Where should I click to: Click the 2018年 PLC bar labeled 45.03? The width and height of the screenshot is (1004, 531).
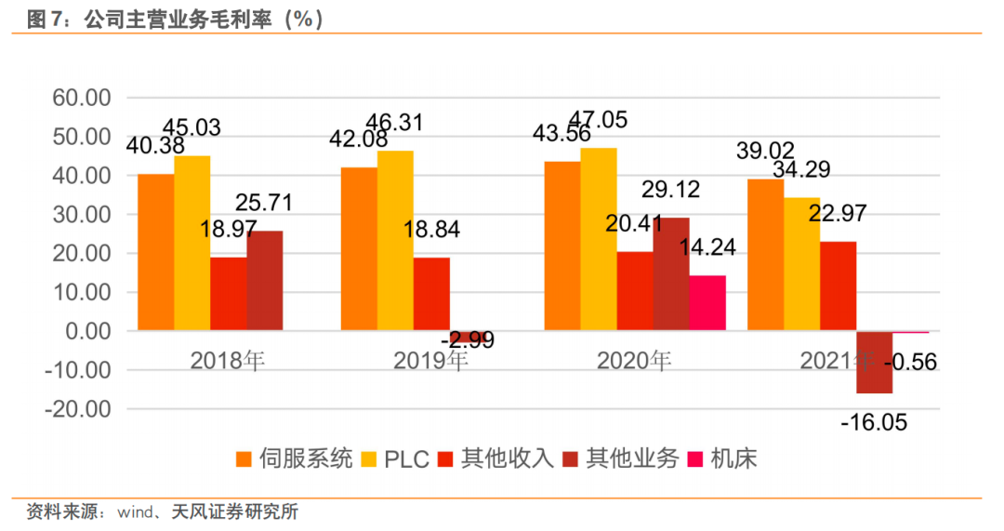[x=192, y=243]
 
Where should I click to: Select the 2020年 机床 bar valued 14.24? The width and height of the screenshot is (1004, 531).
[x=707, y=303]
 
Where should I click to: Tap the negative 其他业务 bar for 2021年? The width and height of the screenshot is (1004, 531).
[x=874, y=362]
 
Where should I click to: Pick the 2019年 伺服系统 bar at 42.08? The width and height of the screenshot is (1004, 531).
[x=359, y=248]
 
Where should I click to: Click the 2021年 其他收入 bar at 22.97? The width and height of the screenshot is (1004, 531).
[x=838, y=285]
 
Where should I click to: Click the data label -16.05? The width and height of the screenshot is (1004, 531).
[x=874, y=423]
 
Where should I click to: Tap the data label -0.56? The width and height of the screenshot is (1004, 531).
[x=915, y=362]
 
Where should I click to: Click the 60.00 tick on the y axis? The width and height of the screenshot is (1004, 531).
[x=82, y=98]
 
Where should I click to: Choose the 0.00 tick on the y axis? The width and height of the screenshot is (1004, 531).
[x=89, y=331]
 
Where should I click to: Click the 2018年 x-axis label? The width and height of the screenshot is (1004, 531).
[x=228, y=360]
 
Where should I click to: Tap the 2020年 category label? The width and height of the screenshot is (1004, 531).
[x=634, y=360]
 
